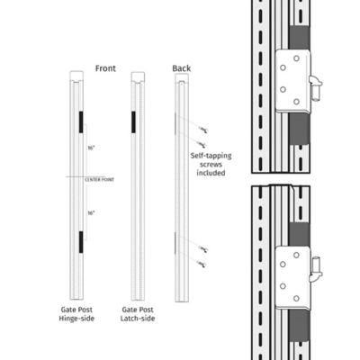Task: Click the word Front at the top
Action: pyautogui.click(x=104, y=68)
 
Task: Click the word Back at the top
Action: pyautogui.click(x=180, y=68)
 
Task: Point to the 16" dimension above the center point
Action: pyautogui.click(x=90, y=148)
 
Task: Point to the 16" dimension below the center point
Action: pyautogui.click(x=90, y=212)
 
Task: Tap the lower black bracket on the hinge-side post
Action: pyautogui.click(x=79, y=240)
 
